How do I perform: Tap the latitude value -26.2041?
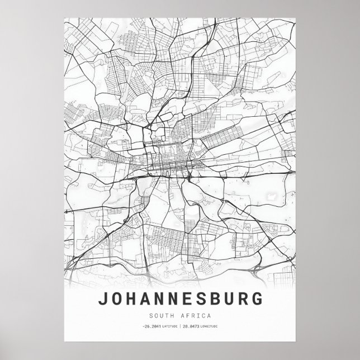coord(151,326)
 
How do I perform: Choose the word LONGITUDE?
coord(209,326)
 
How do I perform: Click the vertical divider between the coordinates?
coord(180,326)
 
